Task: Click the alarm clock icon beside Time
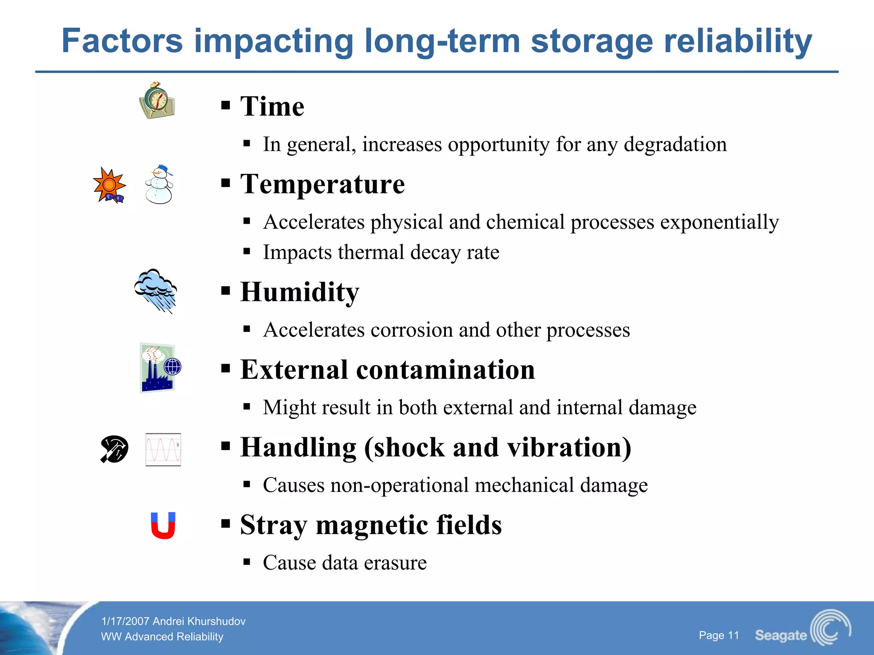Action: (x=157, y=101)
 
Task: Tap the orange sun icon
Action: (x=109, y=185)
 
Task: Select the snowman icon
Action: (x=159, y=185)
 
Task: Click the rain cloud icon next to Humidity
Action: (x=156, y=290)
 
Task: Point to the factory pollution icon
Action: (x=159, y=368)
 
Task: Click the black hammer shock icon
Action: (x=114, y=449)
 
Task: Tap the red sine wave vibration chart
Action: (x=163, y=450)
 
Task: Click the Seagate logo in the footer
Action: (x=802, y=629)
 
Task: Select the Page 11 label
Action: (x=719, y=635)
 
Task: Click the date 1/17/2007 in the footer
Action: (x=125, y=621)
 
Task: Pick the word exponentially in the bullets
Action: (x=720, y=222)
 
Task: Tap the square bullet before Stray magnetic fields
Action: (x=226, y=524)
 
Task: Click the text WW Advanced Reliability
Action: (x=162, y=637)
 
